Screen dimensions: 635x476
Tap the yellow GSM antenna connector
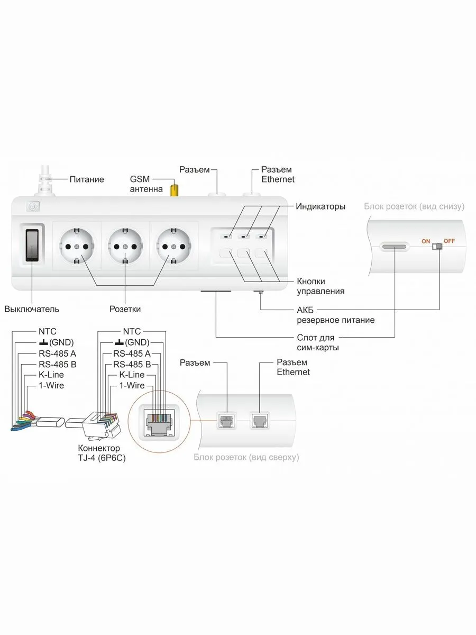click(173, 190)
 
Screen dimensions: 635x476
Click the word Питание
click(87, 179)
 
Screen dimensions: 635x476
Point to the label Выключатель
click(32, 309)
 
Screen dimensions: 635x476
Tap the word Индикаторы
click(321, 206)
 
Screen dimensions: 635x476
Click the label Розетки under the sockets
click(125, 309)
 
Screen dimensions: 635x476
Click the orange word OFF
click(449, 241)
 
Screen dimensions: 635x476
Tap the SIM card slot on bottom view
click(395, 247)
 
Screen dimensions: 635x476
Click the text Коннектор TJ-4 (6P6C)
click(102, 452)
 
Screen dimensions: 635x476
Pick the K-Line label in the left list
click(51, 375)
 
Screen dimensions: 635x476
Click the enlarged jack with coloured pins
click(158, 421)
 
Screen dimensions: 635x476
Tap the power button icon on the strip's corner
click(32, 207)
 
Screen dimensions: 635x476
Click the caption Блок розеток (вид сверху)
click(246, 457)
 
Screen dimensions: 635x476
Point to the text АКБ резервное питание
click(335, 315)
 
